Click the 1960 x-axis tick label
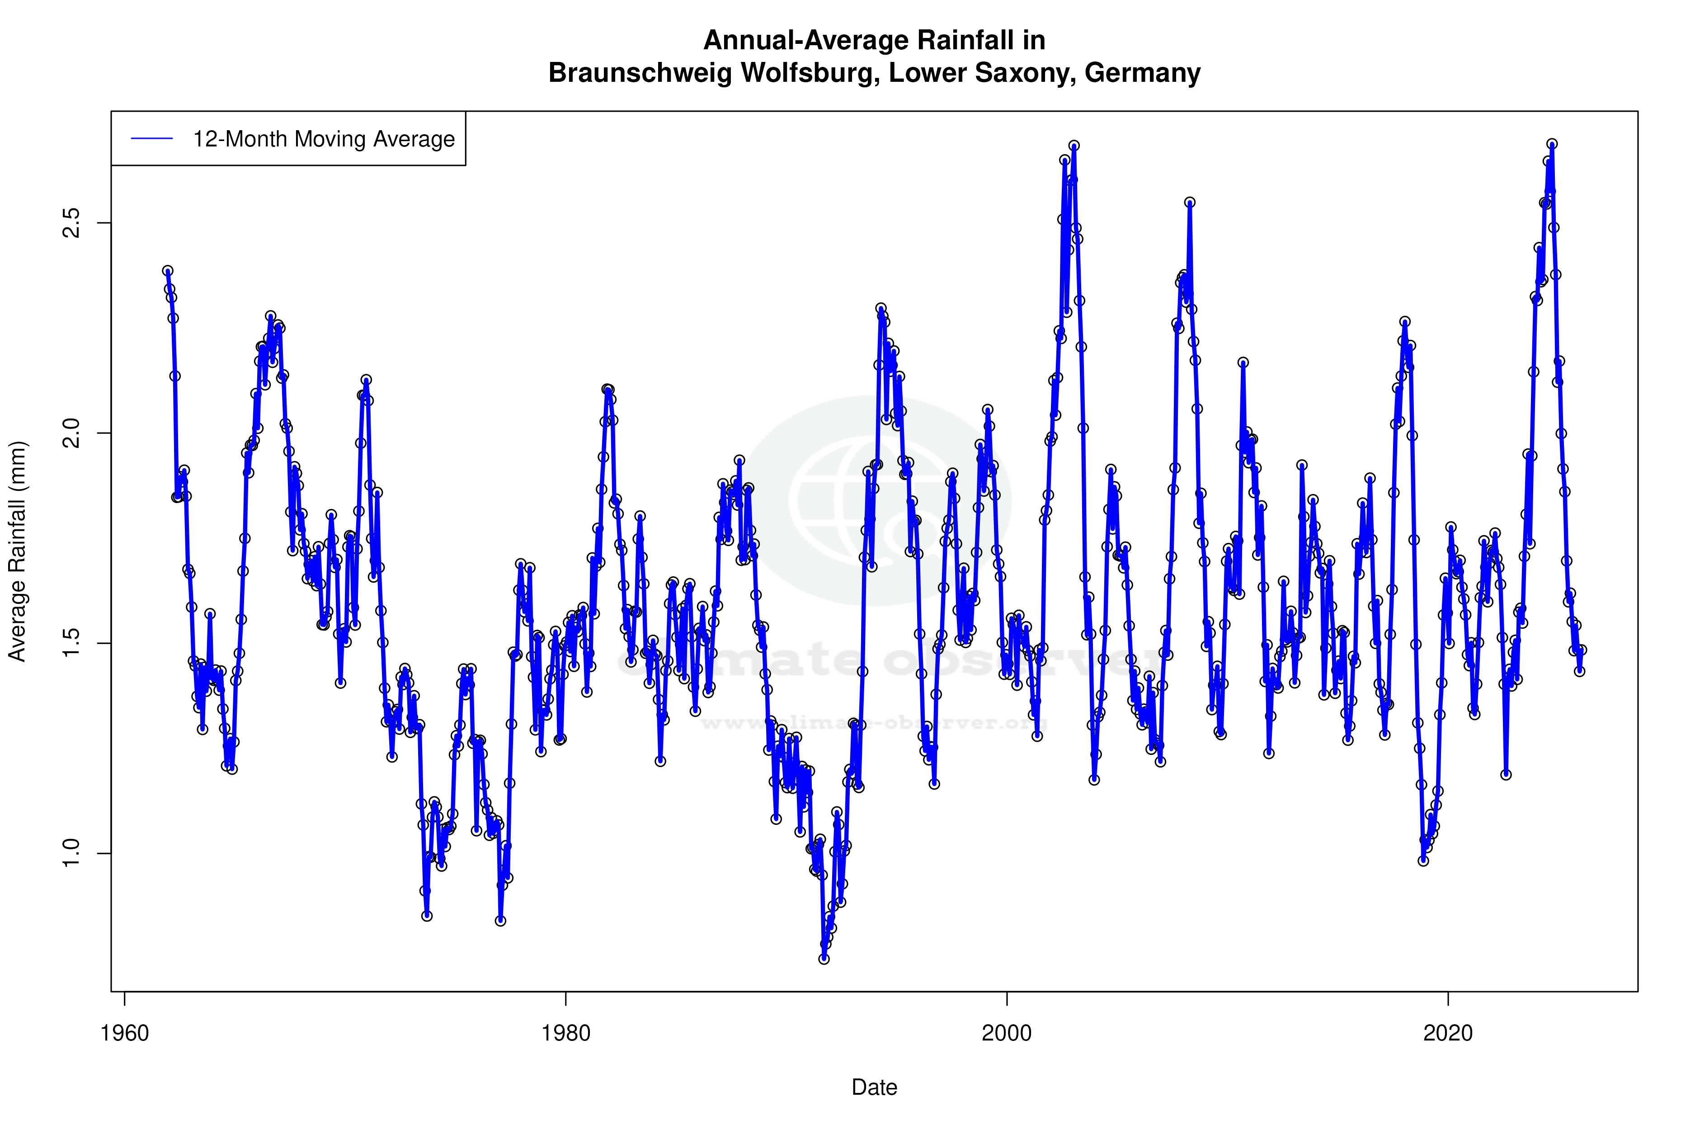(x=125, y=1033)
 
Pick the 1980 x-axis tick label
(x=566, y=1033)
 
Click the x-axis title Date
(x=874, y=1088)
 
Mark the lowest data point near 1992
(x=824, y=959)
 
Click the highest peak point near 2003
(x=1074, y=146)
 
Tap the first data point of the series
(x=168, y=271)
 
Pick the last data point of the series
(x=1581, y=650)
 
